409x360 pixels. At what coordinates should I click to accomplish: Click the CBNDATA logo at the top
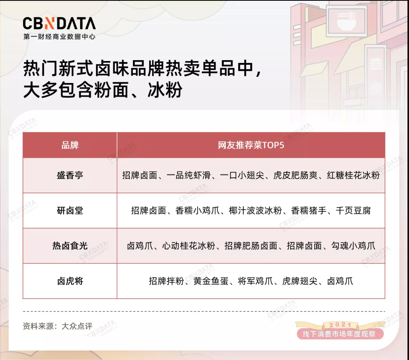point(59,23)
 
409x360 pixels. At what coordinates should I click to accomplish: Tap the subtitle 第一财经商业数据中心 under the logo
point(59,36)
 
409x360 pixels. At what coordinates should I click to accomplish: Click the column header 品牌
point(70,145)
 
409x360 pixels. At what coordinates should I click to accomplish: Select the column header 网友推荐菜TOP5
point(251,145)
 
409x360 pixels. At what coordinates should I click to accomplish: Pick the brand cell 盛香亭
point(70,175)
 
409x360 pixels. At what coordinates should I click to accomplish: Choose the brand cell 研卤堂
point(70,210)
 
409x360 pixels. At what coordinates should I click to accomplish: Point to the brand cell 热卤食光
point(70,246)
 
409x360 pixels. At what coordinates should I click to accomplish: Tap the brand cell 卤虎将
point(70,281)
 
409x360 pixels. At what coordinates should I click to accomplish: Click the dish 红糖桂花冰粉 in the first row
point(353,175)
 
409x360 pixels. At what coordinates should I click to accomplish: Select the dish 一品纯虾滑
point(188,175)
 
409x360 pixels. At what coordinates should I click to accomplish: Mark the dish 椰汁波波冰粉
point(255,210)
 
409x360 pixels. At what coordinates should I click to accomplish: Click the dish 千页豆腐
point(353,210)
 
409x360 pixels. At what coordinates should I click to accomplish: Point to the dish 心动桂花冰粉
point(189,246)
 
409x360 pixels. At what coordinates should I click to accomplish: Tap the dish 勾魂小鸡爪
point(353,246)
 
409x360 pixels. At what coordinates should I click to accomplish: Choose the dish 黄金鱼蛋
point(211,281)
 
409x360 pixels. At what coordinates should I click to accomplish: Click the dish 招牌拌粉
point(166,281)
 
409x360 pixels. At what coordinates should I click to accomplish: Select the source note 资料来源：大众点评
point(58,326)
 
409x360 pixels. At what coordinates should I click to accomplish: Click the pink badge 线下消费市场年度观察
point(339,334)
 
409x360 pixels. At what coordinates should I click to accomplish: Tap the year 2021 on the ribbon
point(340,325)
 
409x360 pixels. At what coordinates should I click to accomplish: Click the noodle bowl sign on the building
point(347,21)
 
